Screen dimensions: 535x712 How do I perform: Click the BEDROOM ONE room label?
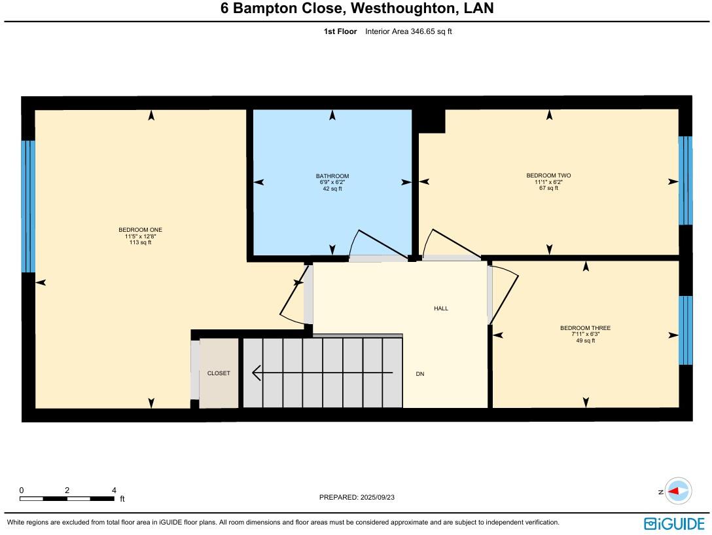coord(140,230)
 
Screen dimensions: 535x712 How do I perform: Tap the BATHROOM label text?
coord(332,176)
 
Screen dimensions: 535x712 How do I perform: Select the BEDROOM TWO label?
coord(548,175)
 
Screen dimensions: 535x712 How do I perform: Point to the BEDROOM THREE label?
coord(585,328)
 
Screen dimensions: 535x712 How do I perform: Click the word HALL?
coord(441,308)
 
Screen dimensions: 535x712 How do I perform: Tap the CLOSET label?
coord(219,373)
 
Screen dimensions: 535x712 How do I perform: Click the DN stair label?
coord(420,374)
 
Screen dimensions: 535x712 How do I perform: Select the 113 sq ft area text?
coord(140,242)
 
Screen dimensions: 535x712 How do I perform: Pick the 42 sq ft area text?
coord(332,189)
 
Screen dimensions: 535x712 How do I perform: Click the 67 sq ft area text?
coord(548,188)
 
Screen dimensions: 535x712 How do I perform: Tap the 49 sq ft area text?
coord(585,341)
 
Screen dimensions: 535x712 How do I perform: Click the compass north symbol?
coord(678,491)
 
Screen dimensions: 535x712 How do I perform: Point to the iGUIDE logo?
coord(674,523)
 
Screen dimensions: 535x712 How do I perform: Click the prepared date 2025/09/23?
coord(377,497)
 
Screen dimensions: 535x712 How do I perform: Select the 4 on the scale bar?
coord(114,490)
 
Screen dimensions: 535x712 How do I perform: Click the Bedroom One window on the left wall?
coord(28,206)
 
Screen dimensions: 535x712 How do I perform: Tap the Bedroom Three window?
coord(685,330)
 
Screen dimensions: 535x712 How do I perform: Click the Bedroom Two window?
coord(685,180)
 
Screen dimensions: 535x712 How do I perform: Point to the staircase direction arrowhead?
coord(256,373)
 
